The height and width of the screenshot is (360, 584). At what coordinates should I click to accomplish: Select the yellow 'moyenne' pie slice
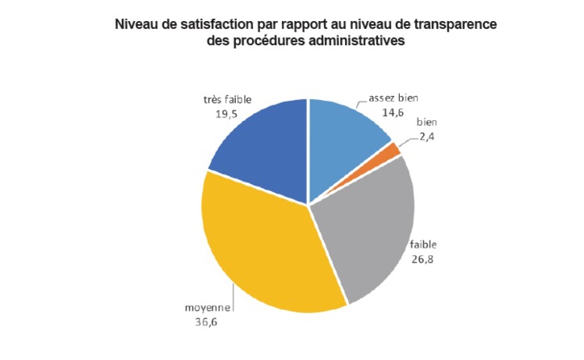point(267,250)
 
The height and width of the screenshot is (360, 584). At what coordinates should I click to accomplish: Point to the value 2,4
point(426,137)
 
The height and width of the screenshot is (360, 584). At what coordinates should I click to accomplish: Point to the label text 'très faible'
point(227,100)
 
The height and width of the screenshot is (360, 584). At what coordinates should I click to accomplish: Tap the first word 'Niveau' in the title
point(137,24)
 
